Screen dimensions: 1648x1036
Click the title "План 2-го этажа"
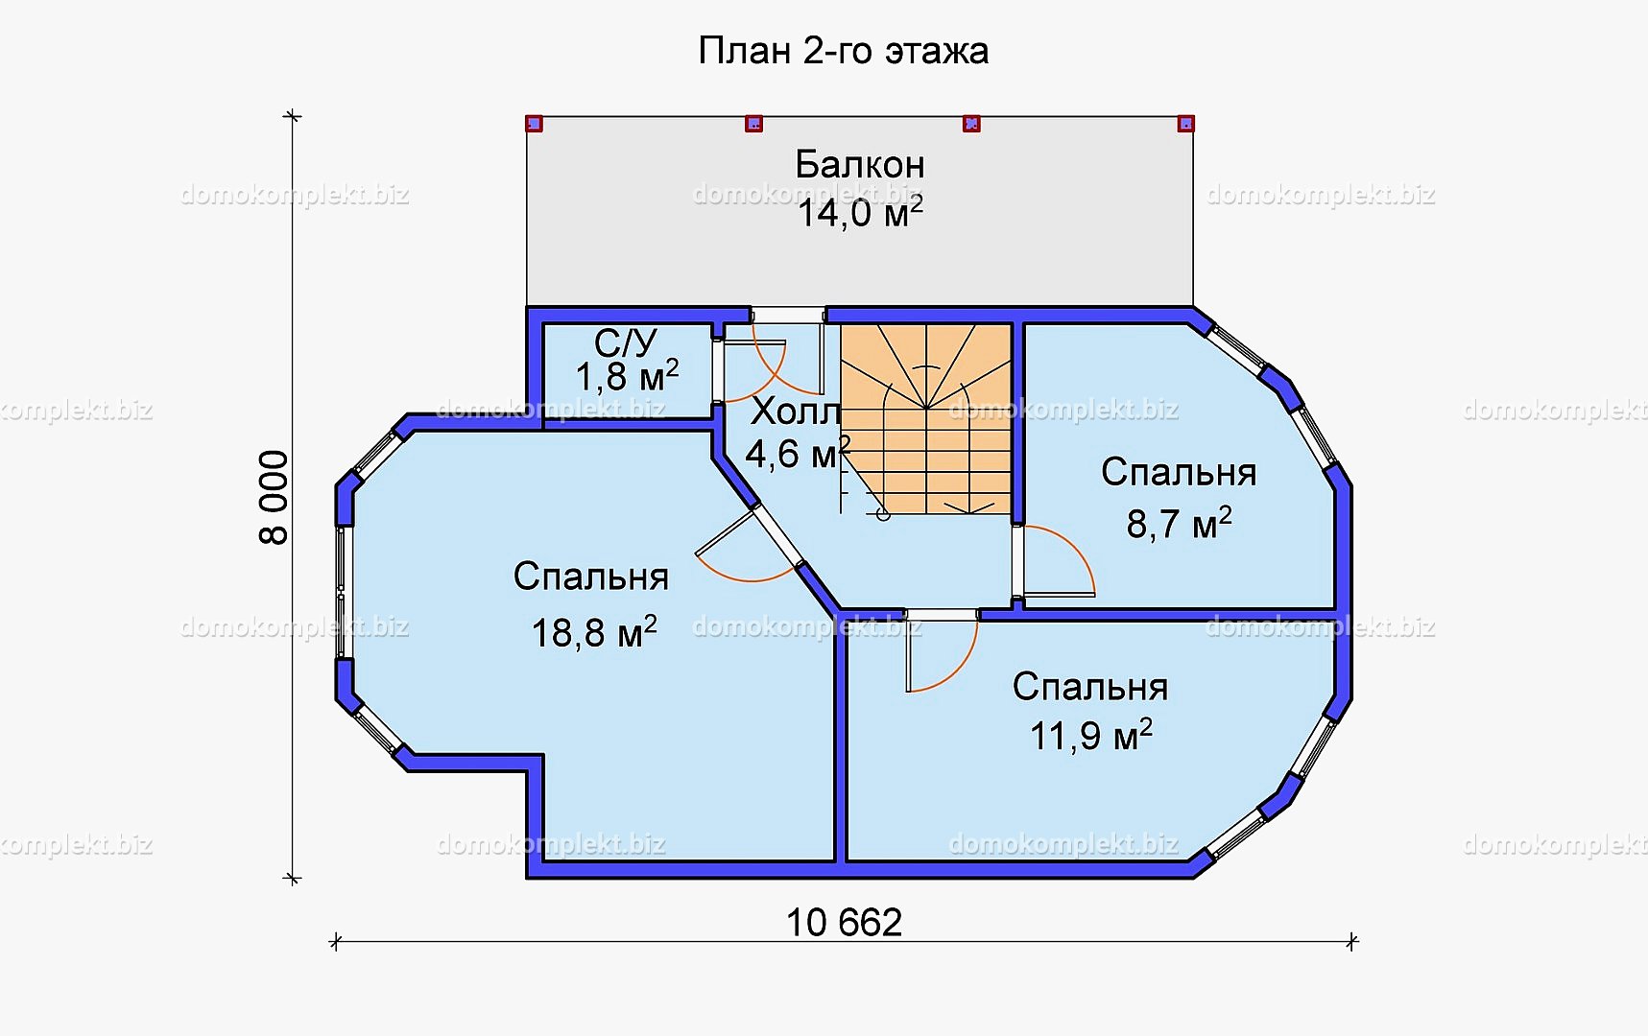click(x=843, y=51)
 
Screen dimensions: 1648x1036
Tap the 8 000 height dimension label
click(x=275, y=498)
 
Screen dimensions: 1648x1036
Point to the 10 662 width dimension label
click(x=844, y=923)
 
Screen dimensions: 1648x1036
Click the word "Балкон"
click(x=860, y=165)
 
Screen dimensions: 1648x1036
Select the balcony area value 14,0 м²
click(x=860, y=212)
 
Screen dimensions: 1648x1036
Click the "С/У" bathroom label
click(x=625, y=342)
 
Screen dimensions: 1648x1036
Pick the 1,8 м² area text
click(x=627, y=377)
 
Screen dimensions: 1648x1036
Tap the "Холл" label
click(x=796, y=412)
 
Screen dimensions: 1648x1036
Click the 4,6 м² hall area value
click(x=798, y=453)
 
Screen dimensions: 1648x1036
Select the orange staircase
click(x=926, y=419)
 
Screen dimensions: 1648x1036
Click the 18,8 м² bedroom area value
click(x=594, y=633)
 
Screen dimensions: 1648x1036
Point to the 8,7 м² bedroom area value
click(x=1179, y=524)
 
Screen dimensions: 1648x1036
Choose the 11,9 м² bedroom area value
click(x=1090, y=736)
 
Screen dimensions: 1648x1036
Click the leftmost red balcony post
click(x=535, y=124)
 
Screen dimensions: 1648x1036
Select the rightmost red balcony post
click(x=1185, y=124)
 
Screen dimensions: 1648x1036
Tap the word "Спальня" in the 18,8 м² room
click(x=590, y=577)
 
